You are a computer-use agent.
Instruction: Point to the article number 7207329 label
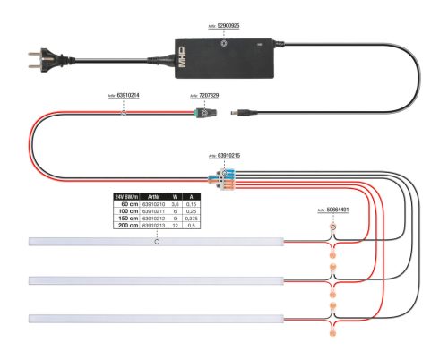[x=204, y=95]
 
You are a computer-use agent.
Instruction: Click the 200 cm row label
[x=127, y=225]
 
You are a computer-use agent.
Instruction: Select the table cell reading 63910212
[x=153, y=218]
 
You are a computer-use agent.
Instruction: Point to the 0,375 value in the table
[x=192, y=218]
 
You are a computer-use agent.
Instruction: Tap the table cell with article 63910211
[x=153, y=210]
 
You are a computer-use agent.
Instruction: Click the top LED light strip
[x=157, y=241]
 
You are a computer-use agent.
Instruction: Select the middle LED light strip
[x=157, y=280]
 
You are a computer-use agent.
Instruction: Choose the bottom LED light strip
[x=157, y=318]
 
